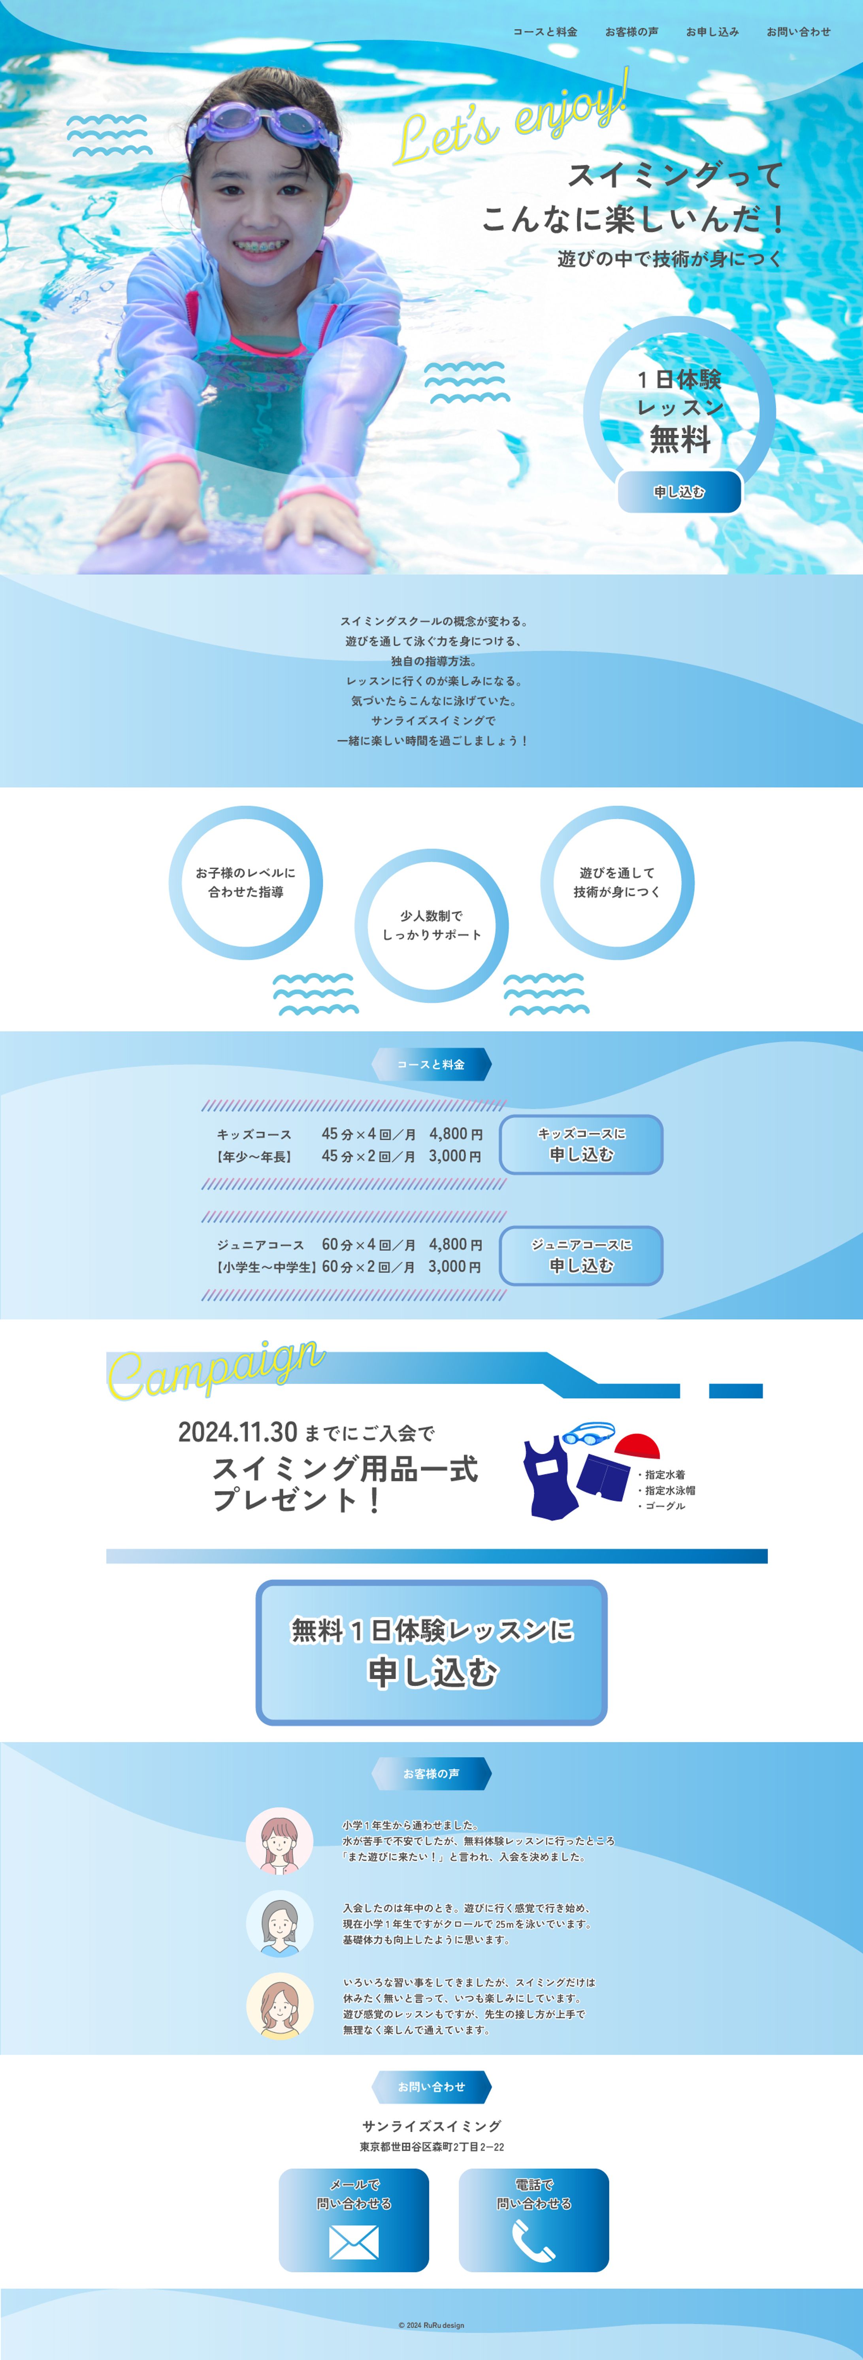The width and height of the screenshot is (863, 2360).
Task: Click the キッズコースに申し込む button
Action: [x=581, y=1144]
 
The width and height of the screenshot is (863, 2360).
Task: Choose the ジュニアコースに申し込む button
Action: [x=581, y=1255]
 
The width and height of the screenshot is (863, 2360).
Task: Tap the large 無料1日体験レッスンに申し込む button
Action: [x=431, y=1652]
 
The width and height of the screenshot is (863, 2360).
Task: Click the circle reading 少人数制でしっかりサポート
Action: [x=431, y=926]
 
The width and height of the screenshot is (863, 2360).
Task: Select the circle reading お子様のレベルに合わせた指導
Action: [x=245, y=882]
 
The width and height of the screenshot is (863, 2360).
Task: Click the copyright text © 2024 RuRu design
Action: [x=431, y=2324]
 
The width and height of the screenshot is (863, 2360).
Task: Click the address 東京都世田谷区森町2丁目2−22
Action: [x=431, y=2147]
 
